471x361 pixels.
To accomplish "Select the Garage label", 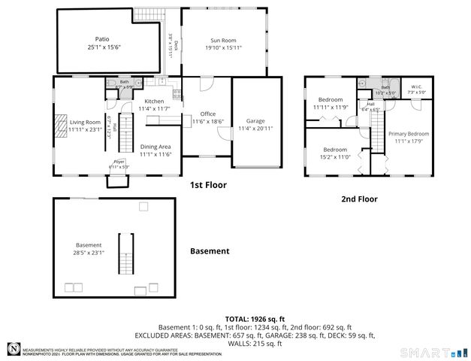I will pos(255,120).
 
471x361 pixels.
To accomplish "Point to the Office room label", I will pos(207,114).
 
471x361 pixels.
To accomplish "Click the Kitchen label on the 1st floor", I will pos(154,101).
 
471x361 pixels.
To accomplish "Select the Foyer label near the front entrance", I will pos(118,161).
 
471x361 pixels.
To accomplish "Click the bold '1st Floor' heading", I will pos(208,184).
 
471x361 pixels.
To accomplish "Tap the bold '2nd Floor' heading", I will pos(358,199).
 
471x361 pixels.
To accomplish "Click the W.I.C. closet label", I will pos(416,86).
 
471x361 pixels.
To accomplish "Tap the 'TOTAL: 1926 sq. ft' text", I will pos(254,320).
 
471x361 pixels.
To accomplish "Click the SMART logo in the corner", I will pos(434,351).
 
